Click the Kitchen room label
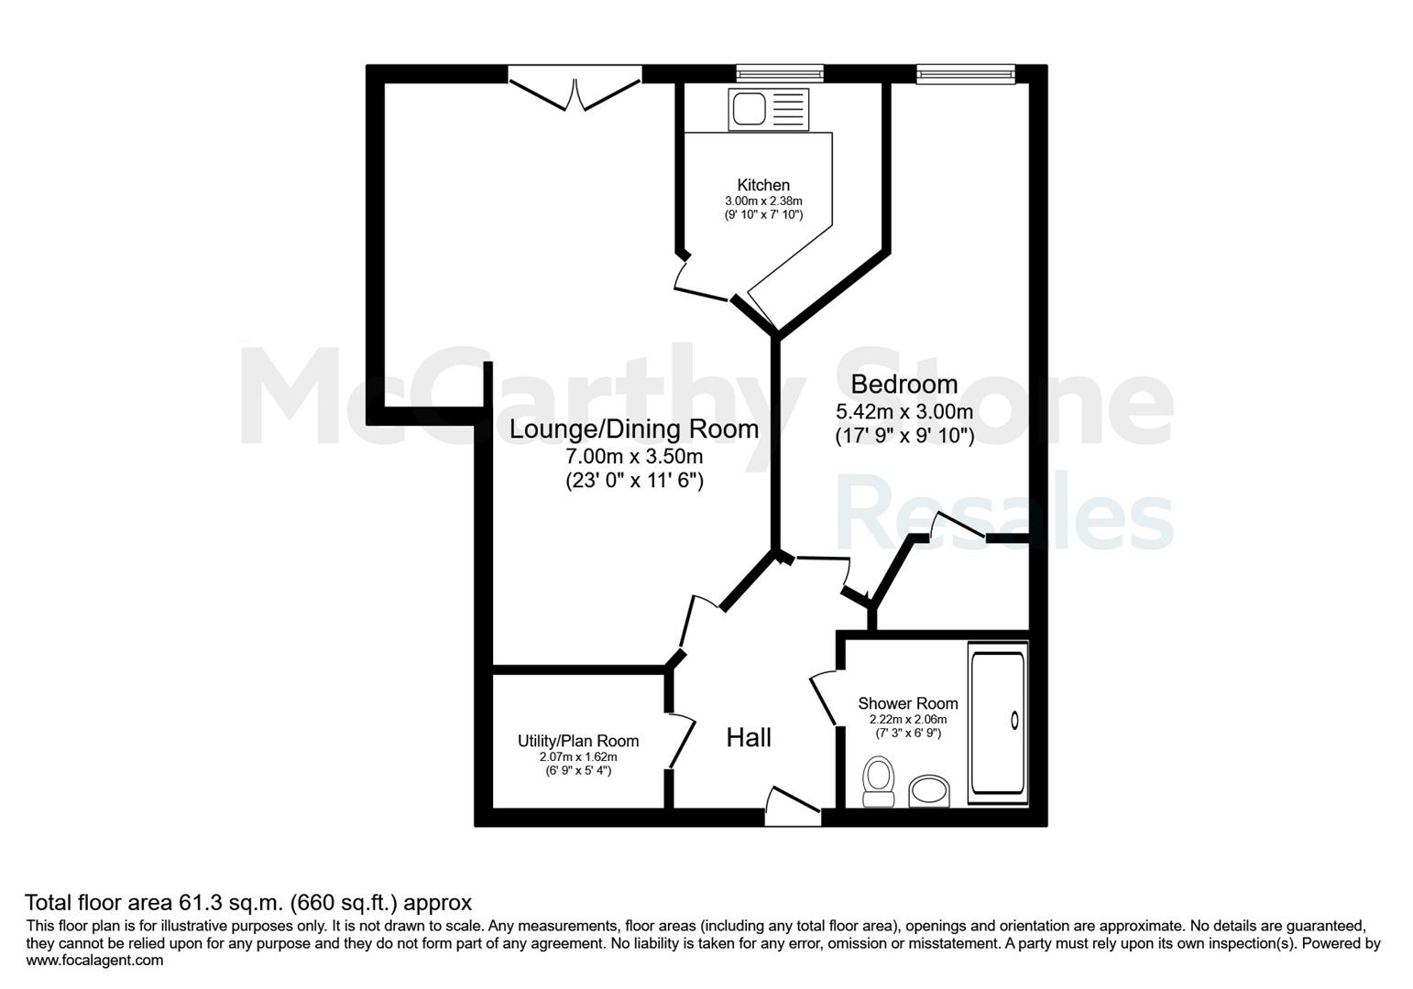click(763, 185)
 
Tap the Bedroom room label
click(904, 384)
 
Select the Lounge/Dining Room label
click(634, 429)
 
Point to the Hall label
click(748, 737)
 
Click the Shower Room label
click(908, 702)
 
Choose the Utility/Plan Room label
click(578, 741)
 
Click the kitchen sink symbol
click(768, 110)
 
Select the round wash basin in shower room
click(929, 790)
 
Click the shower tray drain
click(1014, 721)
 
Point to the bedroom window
click(966, 75)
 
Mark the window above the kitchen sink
click(780, 74)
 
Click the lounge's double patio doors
click(575, 88)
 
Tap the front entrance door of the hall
click(793, 808)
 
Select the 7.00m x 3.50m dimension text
click(634, 456)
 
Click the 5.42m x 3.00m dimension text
click(904, 411)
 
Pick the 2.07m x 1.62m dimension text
click(578, 757)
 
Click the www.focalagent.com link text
click(94, 961)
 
